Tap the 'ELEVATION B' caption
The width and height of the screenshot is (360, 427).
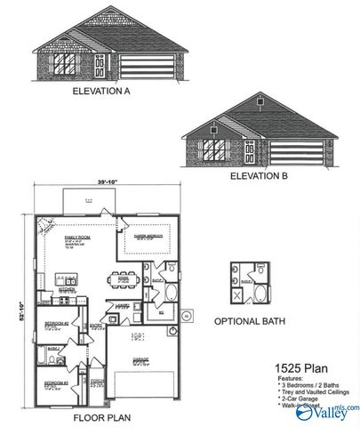tap(259, 176)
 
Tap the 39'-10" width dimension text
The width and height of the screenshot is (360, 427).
tap(109, 181)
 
